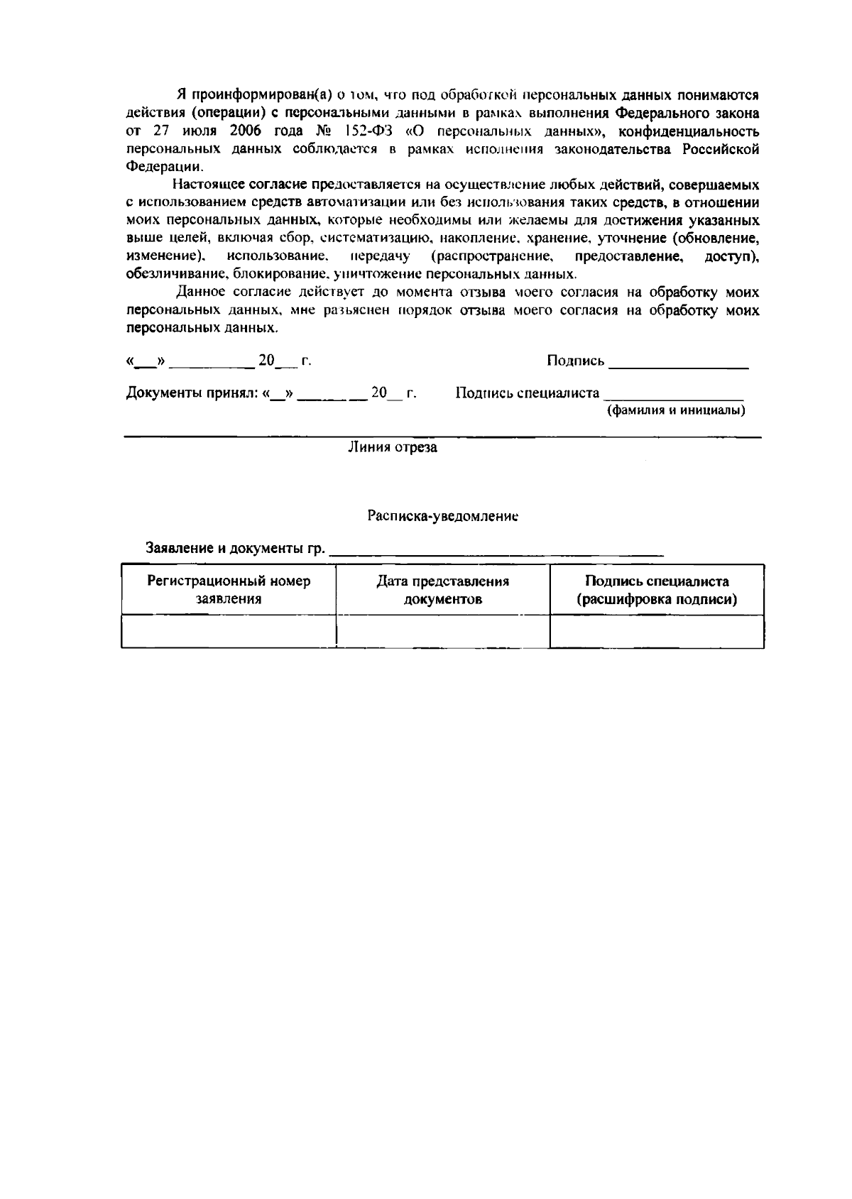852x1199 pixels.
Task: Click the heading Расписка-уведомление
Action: click(442, 516)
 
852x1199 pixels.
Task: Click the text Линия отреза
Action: click(392, 447)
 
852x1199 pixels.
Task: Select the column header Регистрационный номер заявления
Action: click(229, 590)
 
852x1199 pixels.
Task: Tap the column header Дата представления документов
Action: click(442, 590)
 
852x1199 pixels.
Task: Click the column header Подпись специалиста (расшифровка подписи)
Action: click(657, 590)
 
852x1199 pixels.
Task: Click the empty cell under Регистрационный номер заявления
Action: click(229, 631)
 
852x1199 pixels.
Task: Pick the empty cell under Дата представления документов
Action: click(442, 631)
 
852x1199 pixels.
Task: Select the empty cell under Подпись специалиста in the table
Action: click(657, 631)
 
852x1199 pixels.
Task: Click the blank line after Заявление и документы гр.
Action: click(497, 550)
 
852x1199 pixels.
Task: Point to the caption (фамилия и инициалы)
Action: click(674, 410)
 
